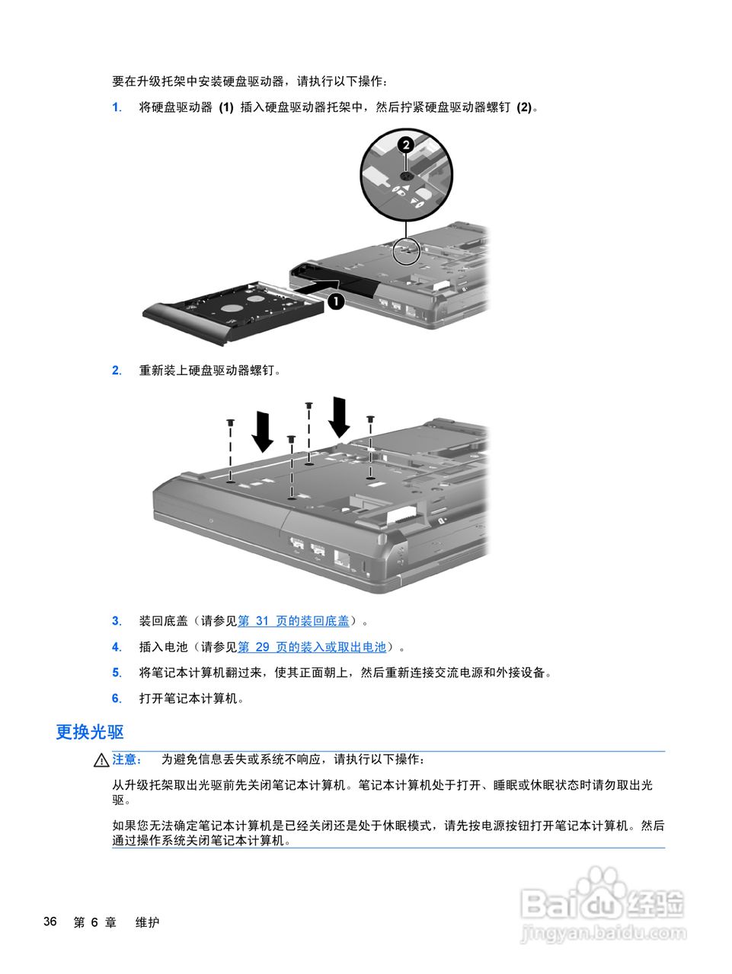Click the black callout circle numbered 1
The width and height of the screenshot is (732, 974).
coord(336,301)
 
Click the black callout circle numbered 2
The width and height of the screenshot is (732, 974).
coord(406,144)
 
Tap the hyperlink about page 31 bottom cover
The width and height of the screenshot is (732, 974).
coord(293,621)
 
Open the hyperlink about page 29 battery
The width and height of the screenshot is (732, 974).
coord(312,647)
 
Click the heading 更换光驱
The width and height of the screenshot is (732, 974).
coord(90,732)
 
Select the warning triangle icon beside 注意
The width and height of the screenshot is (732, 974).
coord(101,760)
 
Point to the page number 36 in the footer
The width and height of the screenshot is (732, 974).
coord(50,921)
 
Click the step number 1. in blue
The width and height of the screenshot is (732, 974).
coord(117,107)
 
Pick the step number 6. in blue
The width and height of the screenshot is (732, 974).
coord(117,699)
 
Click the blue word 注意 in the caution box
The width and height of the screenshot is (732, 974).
coord(126,759)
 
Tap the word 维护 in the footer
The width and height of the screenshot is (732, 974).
coord(147,922)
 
